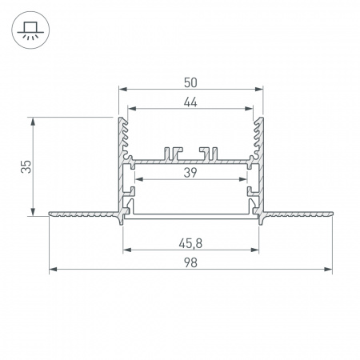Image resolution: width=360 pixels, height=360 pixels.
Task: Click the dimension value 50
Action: tap(190, 82)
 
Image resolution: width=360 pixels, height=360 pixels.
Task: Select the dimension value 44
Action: tap(190, 102)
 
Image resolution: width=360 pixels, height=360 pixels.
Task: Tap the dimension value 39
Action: tap(190, 173)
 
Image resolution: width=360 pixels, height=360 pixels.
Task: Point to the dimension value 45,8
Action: tap(190, 243)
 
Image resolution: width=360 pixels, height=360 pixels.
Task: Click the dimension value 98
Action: tap(190, 262)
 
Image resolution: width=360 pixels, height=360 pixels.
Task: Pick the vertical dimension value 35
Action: tap(26, 166)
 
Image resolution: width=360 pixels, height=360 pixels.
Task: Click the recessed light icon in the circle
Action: tap(30, 30)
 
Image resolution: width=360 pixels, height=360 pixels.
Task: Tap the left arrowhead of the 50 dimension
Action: tap(122, 89)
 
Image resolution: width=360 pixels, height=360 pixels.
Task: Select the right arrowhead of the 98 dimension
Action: tap(329, 270)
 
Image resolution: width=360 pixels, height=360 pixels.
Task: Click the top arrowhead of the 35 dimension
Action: tap(33, 122)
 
